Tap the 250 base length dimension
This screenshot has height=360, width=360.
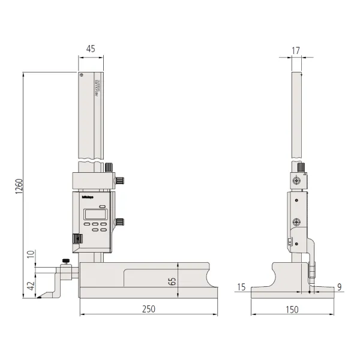click(x=148, y=309)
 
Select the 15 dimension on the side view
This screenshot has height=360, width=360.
click(x=241, y=287)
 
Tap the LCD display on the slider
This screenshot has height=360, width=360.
click(x=94, y=213)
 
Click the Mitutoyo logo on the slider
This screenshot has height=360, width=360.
click(x=87, y=195)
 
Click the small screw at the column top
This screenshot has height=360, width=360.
click(x=81, y=75)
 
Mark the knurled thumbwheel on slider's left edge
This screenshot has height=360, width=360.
click(x=76, y=239)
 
